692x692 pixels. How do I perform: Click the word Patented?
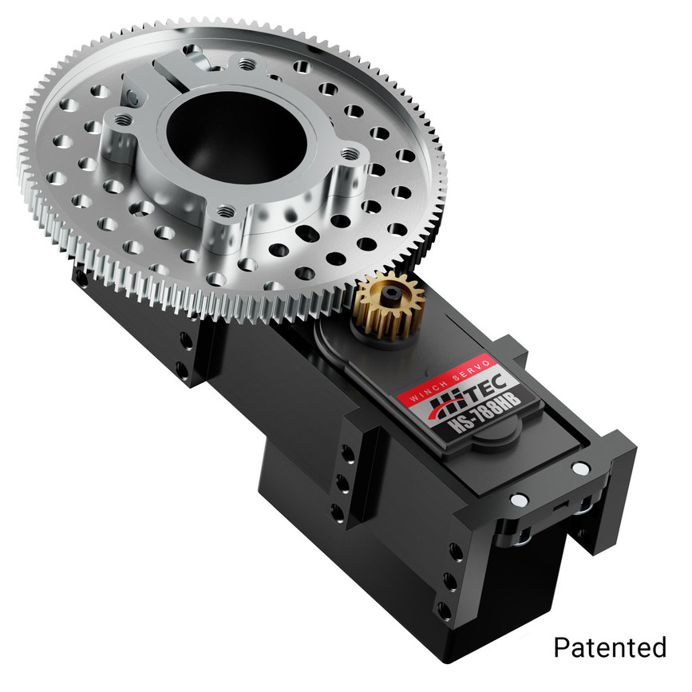tap(609, 647)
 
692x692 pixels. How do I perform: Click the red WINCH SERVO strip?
tap(439, 385)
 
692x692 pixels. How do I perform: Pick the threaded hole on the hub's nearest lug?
tap(226, 212)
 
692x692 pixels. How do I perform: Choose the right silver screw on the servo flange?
tap(576, 466)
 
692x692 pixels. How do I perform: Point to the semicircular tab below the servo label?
tap(495, 441)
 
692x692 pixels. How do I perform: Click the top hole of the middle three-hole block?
tap(347, 453)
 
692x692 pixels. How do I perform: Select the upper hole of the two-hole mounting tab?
tap(186, 338)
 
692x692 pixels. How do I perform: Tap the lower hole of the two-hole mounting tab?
tap(182, 368)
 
